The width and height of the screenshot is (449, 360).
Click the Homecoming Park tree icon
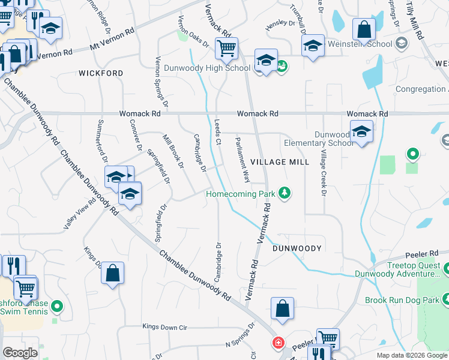tap(285, 193)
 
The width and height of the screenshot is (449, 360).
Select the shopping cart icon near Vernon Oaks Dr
tap(227, 48)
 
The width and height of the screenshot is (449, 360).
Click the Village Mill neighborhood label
tap(280, 162)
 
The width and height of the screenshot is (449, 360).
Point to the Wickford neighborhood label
tap(101, 73)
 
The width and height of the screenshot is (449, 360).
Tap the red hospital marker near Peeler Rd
tap(278, 343)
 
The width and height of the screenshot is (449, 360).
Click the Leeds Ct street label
tap(218, 131)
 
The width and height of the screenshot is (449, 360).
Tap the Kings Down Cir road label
tap(165, 327)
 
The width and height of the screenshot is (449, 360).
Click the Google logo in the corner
tap(20, 352)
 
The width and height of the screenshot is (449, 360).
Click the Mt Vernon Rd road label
tap(112, 41)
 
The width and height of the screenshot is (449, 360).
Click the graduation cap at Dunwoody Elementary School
tap(361, 132)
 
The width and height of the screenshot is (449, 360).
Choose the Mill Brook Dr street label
tap(173, 153)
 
